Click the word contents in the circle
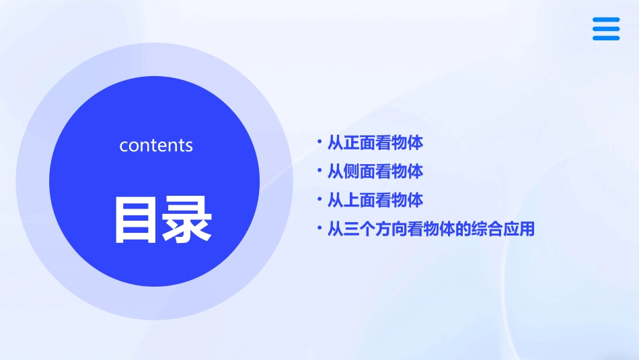[x=156, y=145]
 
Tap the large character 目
[x=137, y=219]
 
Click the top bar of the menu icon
[x=606, y=20]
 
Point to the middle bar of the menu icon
[x=606, y=29]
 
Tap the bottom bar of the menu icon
[x=606, y=38]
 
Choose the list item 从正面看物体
[x=375, y=143]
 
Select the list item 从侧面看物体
[x=375, y=172]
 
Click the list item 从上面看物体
[x=375, y=201]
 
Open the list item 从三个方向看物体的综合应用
[x=430, y=229]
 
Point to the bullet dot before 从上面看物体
[x=320, y=199]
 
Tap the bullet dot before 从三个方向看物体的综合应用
[x=320, y=228]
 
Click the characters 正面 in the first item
[x=359, y=143]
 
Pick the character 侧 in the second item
[x=351, y=172]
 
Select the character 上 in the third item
[x=351, y=201]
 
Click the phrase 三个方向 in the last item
[x=375, y=229]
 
